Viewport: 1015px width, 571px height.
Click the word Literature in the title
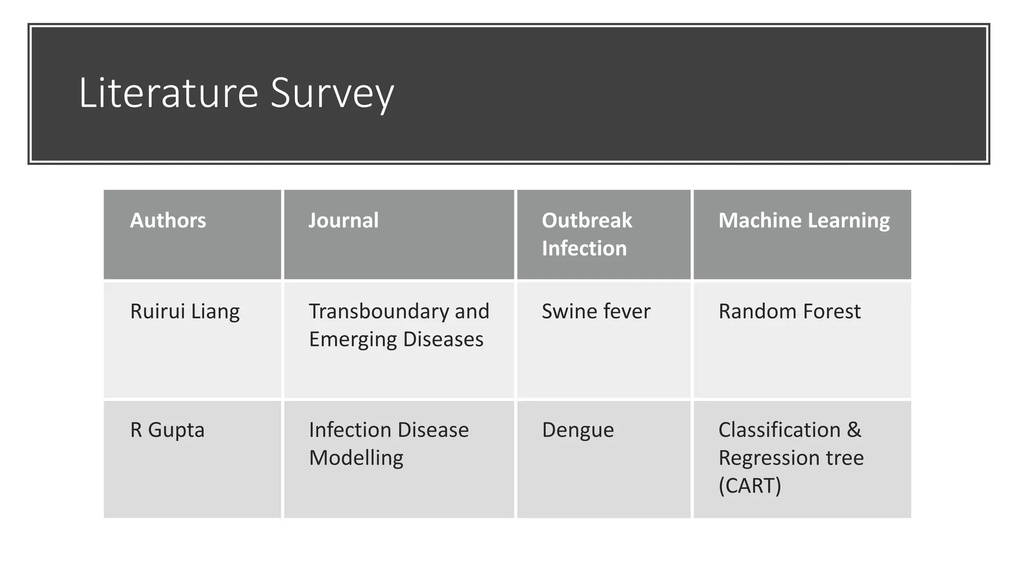coord(169,93)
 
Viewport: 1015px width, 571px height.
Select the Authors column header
coord(168,221)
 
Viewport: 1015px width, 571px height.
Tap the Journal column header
coord(343,221)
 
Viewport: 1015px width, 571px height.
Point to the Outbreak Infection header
coord(587,234)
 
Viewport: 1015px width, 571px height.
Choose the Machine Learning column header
coord(804,221)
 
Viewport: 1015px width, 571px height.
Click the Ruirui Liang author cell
coord(185,312)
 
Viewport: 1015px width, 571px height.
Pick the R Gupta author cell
coord(167,430)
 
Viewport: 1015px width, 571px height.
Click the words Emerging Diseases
coord(396,340)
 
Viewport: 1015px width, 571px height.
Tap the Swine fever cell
coord(596,312)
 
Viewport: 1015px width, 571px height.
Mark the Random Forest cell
coord(789,312)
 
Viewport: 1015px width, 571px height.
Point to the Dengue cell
coord(578,430)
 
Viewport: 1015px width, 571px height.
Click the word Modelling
coord(356,458)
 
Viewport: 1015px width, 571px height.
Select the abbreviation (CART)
coord(750,485)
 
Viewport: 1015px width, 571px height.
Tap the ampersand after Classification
coord(854,430)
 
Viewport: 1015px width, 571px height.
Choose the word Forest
coord(832,312)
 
